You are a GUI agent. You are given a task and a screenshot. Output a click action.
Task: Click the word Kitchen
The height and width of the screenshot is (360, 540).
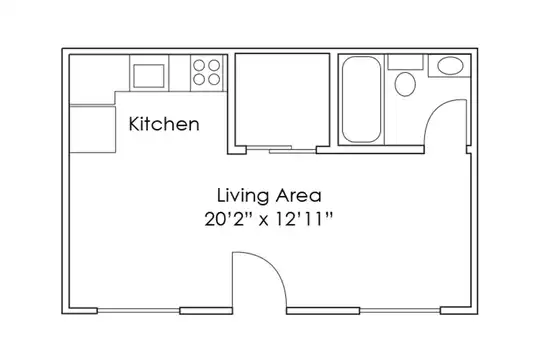pos(164,124)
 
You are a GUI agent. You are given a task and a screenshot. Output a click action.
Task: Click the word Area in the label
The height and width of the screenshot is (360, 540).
pos(299,195)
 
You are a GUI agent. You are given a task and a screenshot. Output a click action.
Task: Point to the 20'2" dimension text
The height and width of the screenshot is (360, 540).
pos(229,219)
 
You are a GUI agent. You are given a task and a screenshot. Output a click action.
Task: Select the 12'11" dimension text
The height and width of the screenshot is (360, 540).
pos(304,219)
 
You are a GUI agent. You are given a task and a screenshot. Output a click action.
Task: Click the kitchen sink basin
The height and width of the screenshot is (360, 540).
pos(149,76)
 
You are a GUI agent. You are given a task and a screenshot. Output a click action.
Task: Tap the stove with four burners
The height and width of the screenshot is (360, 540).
pos(207,73)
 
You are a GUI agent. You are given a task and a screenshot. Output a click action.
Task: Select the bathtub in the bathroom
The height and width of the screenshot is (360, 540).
pos(362,99)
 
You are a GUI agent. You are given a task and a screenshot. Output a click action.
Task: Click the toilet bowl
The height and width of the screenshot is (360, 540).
pos(405,84)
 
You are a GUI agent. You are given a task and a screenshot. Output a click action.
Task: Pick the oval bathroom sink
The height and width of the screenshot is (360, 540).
pos(450,66)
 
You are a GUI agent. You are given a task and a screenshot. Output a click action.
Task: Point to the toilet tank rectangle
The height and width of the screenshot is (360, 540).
pos(405,62)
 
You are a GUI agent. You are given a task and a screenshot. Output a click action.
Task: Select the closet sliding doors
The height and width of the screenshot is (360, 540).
pos(281,149)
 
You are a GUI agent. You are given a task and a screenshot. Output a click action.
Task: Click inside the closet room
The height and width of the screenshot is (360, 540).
pos(282,99)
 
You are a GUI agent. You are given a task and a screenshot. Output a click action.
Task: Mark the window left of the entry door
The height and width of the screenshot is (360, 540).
pos(138,311)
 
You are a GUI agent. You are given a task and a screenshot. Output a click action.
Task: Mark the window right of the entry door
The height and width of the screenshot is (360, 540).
pos(400,311)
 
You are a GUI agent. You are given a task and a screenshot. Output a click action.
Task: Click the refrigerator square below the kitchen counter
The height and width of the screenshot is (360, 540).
pos(92,129)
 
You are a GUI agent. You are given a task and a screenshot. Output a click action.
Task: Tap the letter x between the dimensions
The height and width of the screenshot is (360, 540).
pos(264,221)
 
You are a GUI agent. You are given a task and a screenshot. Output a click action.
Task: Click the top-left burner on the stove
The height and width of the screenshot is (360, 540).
pos(199,65)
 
